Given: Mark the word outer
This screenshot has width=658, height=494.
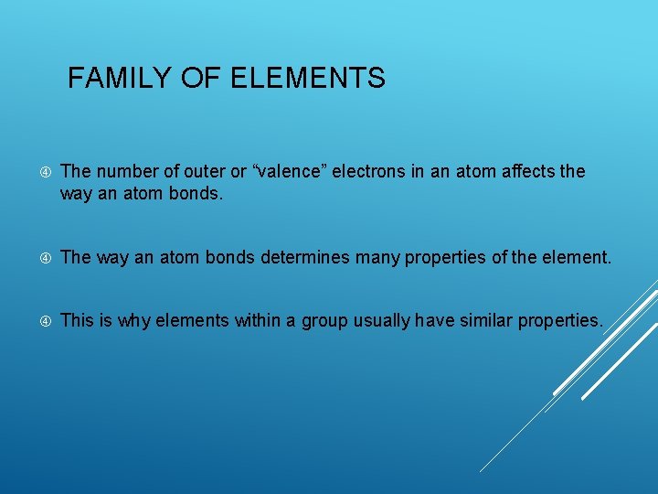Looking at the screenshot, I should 190,171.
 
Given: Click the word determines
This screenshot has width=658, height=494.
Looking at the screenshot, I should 305,258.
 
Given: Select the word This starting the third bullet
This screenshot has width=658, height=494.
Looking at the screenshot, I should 77,320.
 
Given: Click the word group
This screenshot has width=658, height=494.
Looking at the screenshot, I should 331,320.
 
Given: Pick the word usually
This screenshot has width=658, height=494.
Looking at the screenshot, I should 385,320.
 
